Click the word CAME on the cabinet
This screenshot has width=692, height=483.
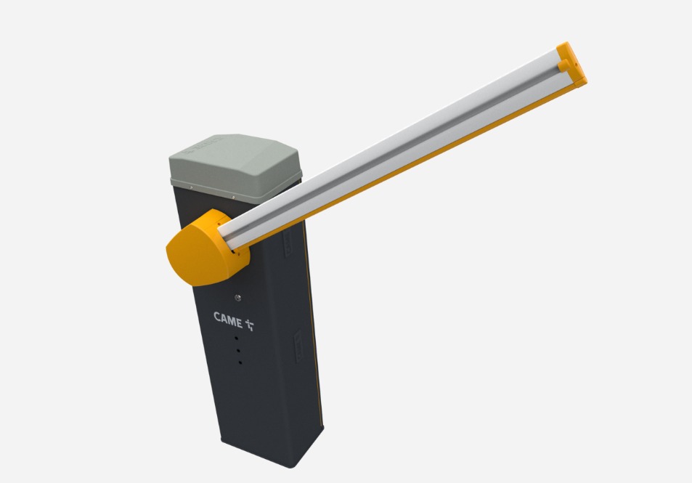click(228, 319)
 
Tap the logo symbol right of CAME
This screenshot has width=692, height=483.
click(250, 325)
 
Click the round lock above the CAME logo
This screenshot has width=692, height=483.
click(238, 298)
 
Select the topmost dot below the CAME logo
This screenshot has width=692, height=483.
click(236, 338)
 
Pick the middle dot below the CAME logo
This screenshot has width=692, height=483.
click(238, 351)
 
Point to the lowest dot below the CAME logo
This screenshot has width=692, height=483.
click(240, 362)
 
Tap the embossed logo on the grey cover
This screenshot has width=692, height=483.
click(203, 145)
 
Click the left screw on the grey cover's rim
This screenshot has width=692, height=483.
click(191, 187)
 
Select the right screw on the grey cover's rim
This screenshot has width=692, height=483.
click(233, 197)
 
